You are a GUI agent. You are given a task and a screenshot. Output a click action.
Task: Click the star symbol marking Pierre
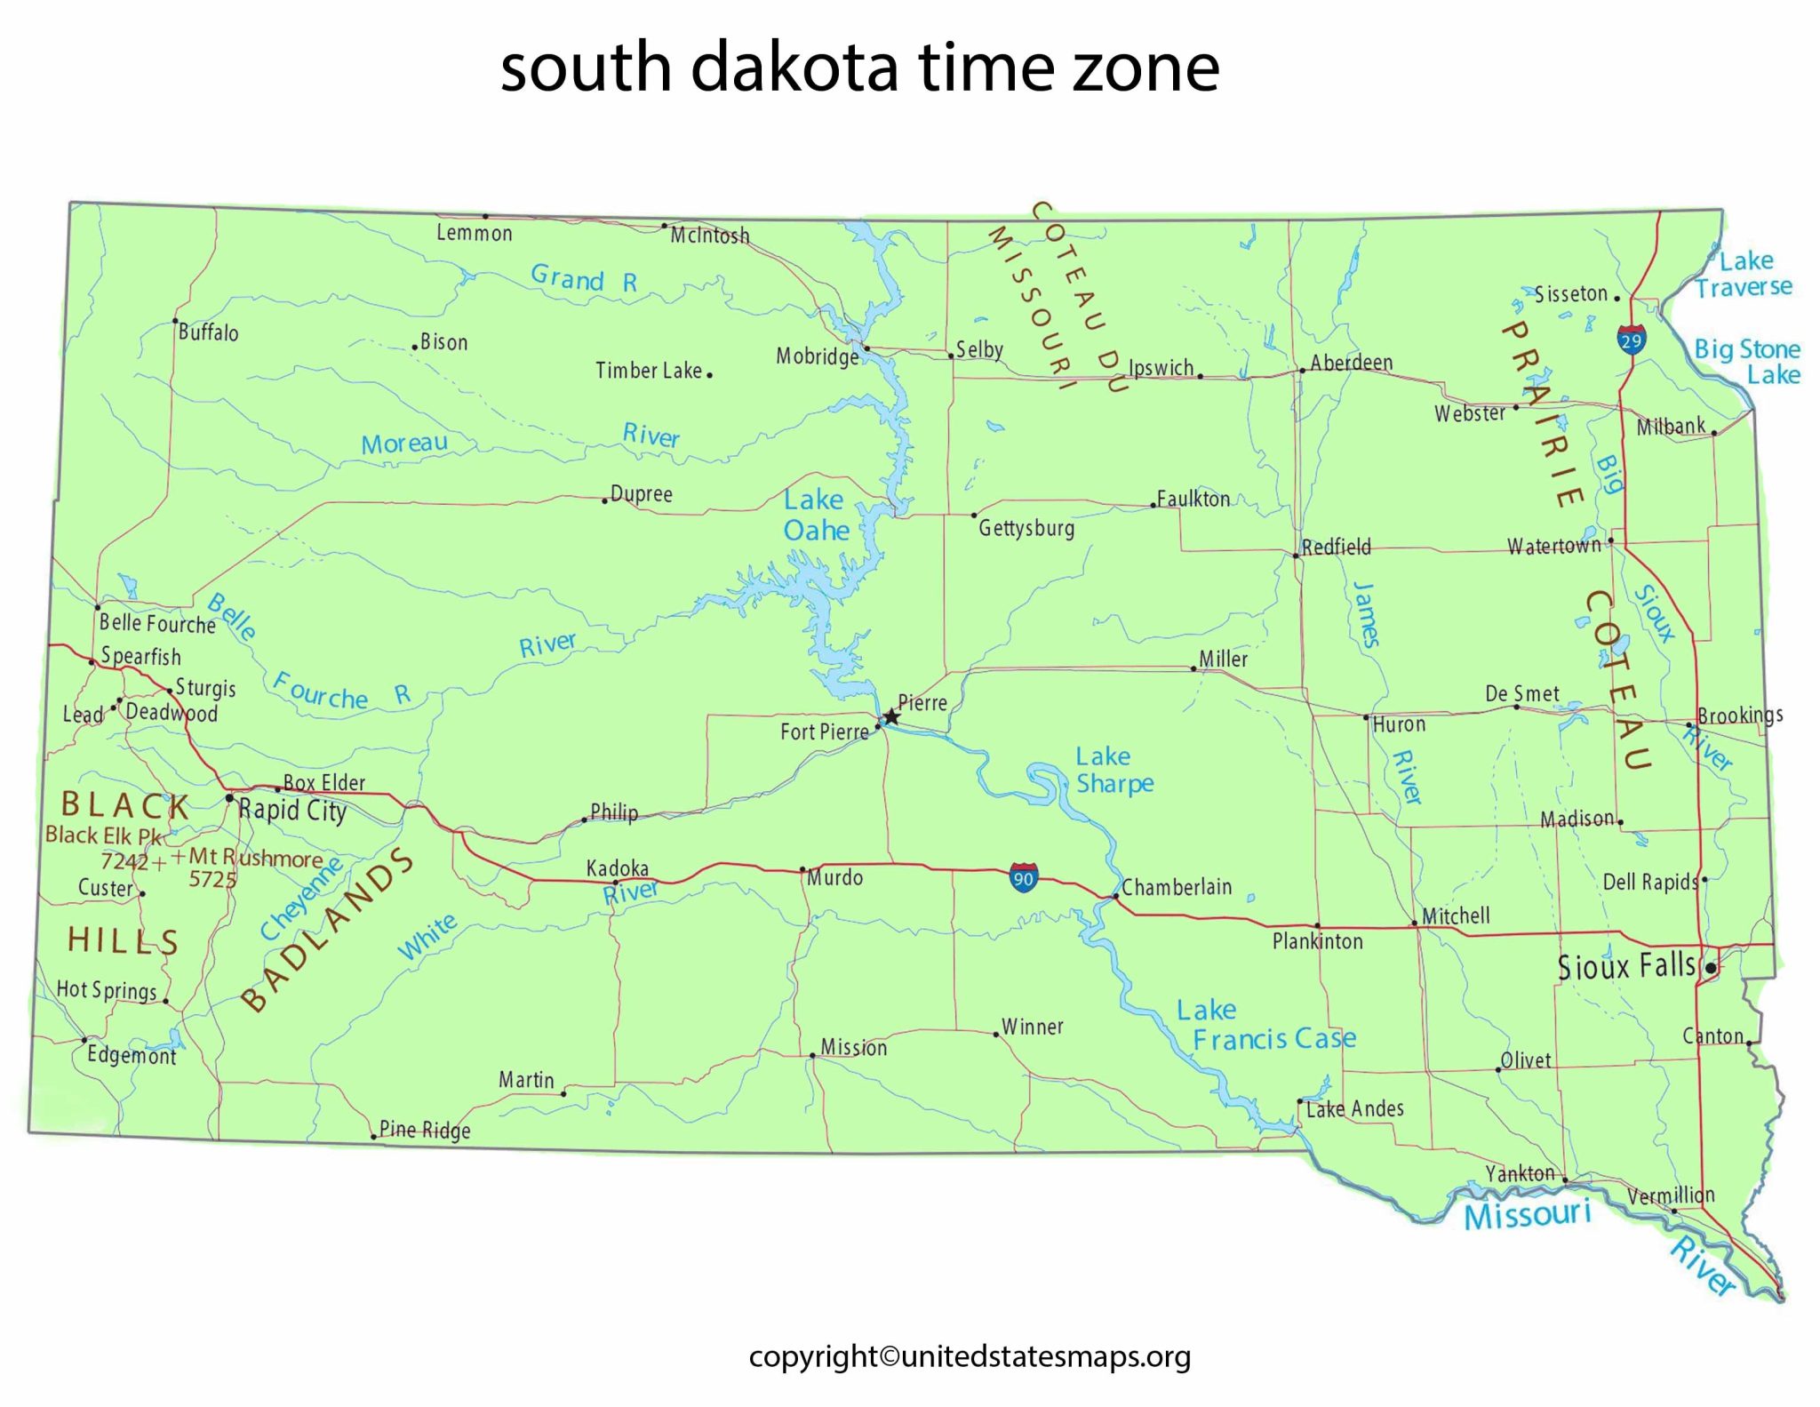[x=891, y=717]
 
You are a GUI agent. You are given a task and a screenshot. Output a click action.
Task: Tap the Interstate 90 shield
[x=1023, y=878]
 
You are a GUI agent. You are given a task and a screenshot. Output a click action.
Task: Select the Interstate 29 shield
[x=1631, y=340]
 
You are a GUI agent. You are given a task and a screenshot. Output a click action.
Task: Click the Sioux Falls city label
[x=1626, y=966]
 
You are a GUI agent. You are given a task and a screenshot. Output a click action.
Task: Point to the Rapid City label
[x=292, y=811]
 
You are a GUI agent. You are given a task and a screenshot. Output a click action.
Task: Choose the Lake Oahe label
[x=816, y=516]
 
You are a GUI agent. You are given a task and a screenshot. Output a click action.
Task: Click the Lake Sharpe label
[x=1114, y=770]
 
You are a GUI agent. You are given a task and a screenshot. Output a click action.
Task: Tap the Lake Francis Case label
[x=1265, y=1025]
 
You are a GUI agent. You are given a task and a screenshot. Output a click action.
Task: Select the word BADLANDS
[x=328, y=930]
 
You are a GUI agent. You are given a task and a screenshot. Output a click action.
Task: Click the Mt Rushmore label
[x=256, y=858]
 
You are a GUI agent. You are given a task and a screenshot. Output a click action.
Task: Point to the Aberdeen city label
[x=1351, y=363]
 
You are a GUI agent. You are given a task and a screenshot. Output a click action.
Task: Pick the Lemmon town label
[x=474, y=234]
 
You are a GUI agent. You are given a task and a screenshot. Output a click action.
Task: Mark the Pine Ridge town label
[x=425, y=1130]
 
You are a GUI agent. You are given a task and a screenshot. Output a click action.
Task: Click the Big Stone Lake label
[x=1747, y=361]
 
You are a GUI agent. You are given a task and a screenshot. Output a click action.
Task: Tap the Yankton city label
[x=1521, y=1173]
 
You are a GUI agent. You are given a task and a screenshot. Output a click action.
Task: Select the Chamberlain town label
[x=1176, y=887]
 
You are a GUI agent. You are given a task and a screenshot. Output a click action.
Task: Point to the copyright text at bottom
[x=970, y=1356]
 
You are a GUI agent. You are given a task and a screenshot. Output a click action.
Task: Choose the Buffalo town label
[x=209, y=332]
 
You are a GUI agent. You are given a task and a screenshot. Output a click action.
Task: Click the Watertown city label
[x=1553, y=546]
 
